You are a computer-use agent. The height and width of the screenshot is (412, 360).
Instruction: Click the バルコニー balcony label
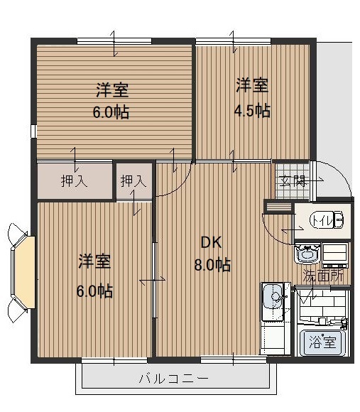click(174, 379)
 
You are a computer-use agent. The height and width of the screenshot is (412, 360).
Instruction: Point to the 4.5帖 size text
click(252, 110)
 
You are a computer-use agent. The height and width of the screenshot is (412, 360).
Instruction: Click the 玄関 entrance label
click(291, 180)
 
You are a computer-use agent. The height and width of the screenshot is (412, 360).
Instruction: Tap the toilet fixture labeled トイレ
click(327, 221)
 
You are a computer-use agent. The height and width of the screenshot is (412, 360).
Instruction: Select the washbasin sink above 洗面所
click(307, 254)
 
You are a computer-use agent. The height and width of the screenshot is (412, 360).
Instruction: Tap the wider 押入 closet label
click(74, 181)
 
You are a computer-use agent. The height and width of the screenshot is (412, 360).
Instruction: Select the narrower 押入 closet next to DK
click(133, 181)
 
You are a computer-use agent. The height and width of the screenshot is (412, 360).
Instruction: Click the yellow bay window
click(25, 272)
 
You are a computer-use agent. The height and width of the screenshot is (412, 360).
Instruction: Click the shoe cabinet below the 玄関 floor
click(278, 207)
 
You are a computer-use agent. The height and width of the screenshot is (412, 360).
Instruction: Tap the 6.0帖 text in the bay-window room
click(94, 291)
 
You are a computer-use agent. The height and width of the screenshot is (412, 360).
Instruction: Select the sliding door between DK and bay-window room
click(154, 281)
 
